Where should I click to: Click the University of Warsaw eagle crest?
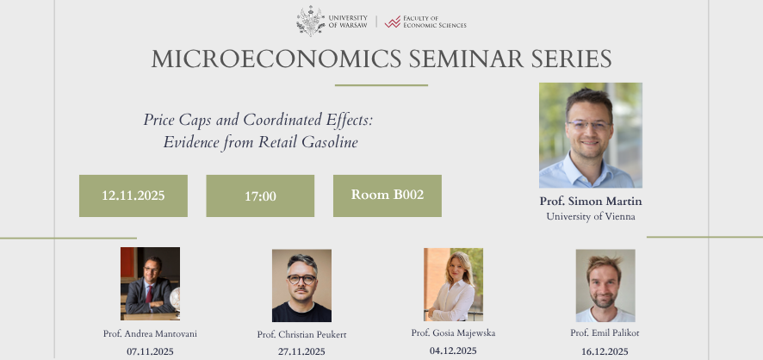(x=310, y=21)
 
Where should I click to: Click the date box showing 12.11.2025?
(x=133, y=196)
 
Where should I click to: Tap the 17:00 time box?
(x=260, y=196)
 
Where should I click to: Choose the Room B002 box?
(x=388, y=195)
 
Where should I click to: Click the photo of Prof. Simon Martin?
(x=590, y=135)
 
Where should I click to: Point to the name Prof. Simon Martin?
(x=590, y=202)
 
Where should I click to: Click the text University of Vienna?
(x=590, y=216)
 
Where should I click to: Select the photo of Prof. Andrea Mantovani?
(x=150, y=283)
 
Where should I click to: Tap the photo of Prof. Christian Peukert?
(x=301, y=285)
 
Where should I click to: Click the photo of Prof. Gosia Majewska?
(x=453, y=284)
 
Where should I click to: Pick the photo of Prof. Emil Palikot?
(x=605, y=285)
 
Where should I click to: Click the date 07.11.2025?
(x=150, y=351)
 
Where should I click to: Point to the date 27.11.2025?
(x=301, y=351)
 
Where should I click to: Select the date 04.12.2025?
(x=453, y=350)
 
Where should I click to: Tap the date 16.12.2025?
(x=605, y=351)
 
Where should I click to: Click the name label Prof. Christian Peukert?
(x=301, y=334)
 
